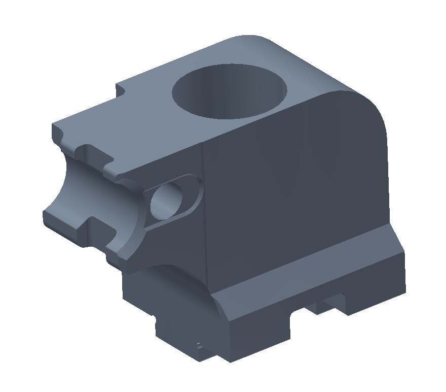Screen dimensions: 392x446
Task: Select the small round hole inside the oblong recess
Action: pyautogui.click(x=166, y=200)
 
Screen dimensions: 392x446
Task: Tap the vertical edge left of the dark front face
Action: pyautogui.click(x=205, y=213)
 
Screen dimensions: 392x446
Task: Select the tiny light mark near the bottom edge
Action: pyautogui.click(x=199, y=345)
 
